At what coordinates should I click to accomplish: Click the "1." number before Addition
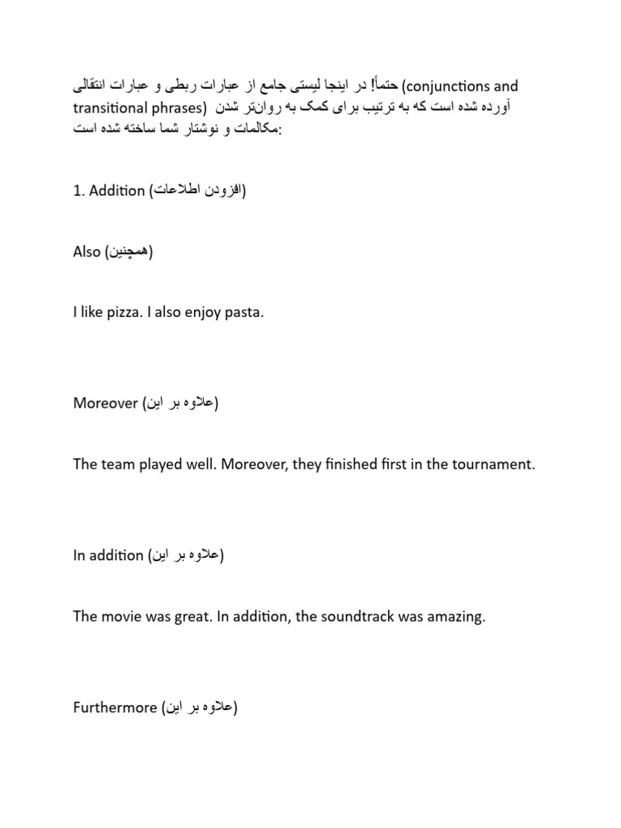tap(78, 191)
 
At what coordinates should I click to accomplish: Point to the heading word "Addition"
tap(116, 191)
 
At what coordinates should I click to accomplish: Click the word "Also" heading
tap(87, 251)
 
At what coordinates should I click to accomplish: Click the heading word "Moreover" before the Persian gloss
tap(105, 403)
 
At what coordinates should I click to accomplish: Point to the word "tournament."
tap(493, 464)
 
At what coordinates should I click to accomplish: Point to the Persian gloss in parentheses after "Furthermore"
tap(200, 708)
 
